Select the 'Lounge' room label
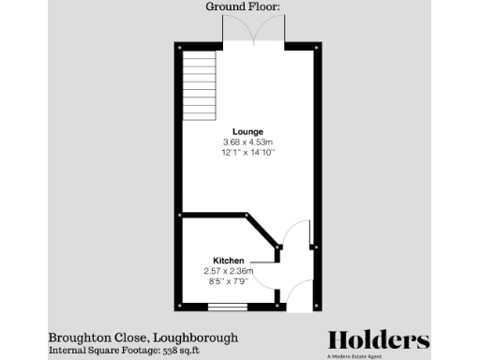click(x=248, y=132)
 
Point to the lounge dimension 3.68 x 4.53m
click(x=248, y=142)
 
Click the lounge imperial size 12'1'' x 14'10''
click(x=248, y=152)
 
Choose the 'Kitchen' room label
click(x=229, y=261)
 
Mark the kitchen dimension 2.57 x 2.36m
click(x=229, y=270)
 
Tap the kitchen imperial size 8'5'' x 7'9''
click(x=229, y=279)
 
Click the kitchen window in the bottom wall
click(x=227, y=307)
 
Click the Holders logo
click(x=378, y=339)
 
